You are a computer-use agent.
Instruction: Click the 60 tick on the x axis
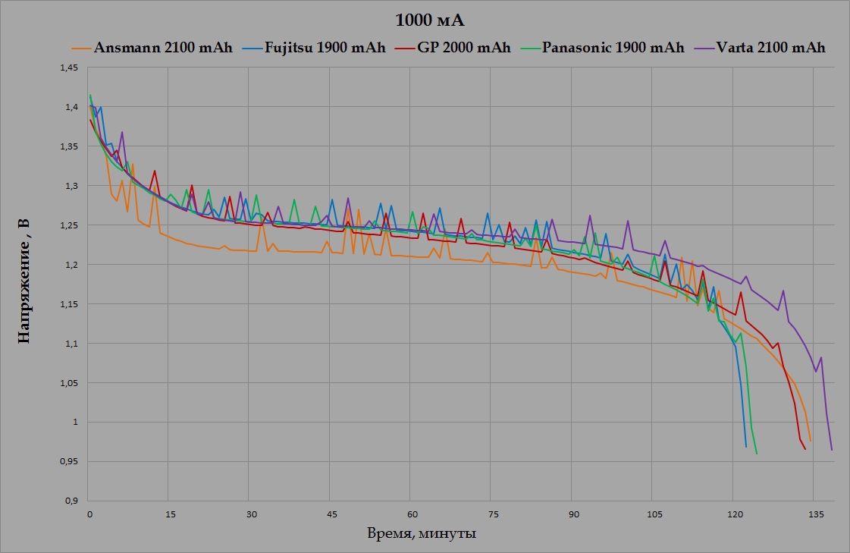pos(410,513)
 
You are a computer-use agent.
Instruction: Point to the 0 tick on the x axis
pos(89,513)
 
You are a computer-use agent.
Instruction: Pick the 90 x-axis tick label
pos(572,513)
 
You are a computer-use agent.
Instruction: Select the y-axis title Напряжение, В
pos(24,282)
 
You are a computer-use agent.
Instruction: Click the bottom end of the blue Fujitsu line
pos(746,447)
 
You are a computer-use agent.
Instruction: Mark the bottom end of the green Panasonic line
pos(757,454)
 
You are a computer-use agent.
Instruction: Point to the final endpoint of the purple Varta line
pos(832,450)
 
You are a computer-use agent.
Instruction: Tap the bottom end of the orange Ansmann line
pos(811,441)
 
